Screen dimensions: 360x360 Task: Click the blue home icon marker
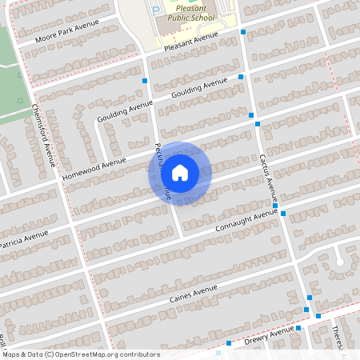pos(180,172)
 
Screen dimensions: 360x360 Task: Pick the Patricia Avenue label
pos(24,239)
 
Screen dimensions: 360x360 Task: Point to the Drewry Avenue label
pos(270,336)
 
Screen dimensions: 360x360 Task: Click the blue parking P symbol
pos(156,9)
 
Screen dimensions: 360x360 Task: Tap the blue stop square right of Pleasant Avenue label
pos(243,33)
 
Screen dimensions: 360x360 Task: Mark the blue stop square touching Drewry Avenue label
pos(298,328)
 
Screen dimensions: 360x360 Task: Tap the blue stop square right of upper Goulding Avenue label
pos(241,77)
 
